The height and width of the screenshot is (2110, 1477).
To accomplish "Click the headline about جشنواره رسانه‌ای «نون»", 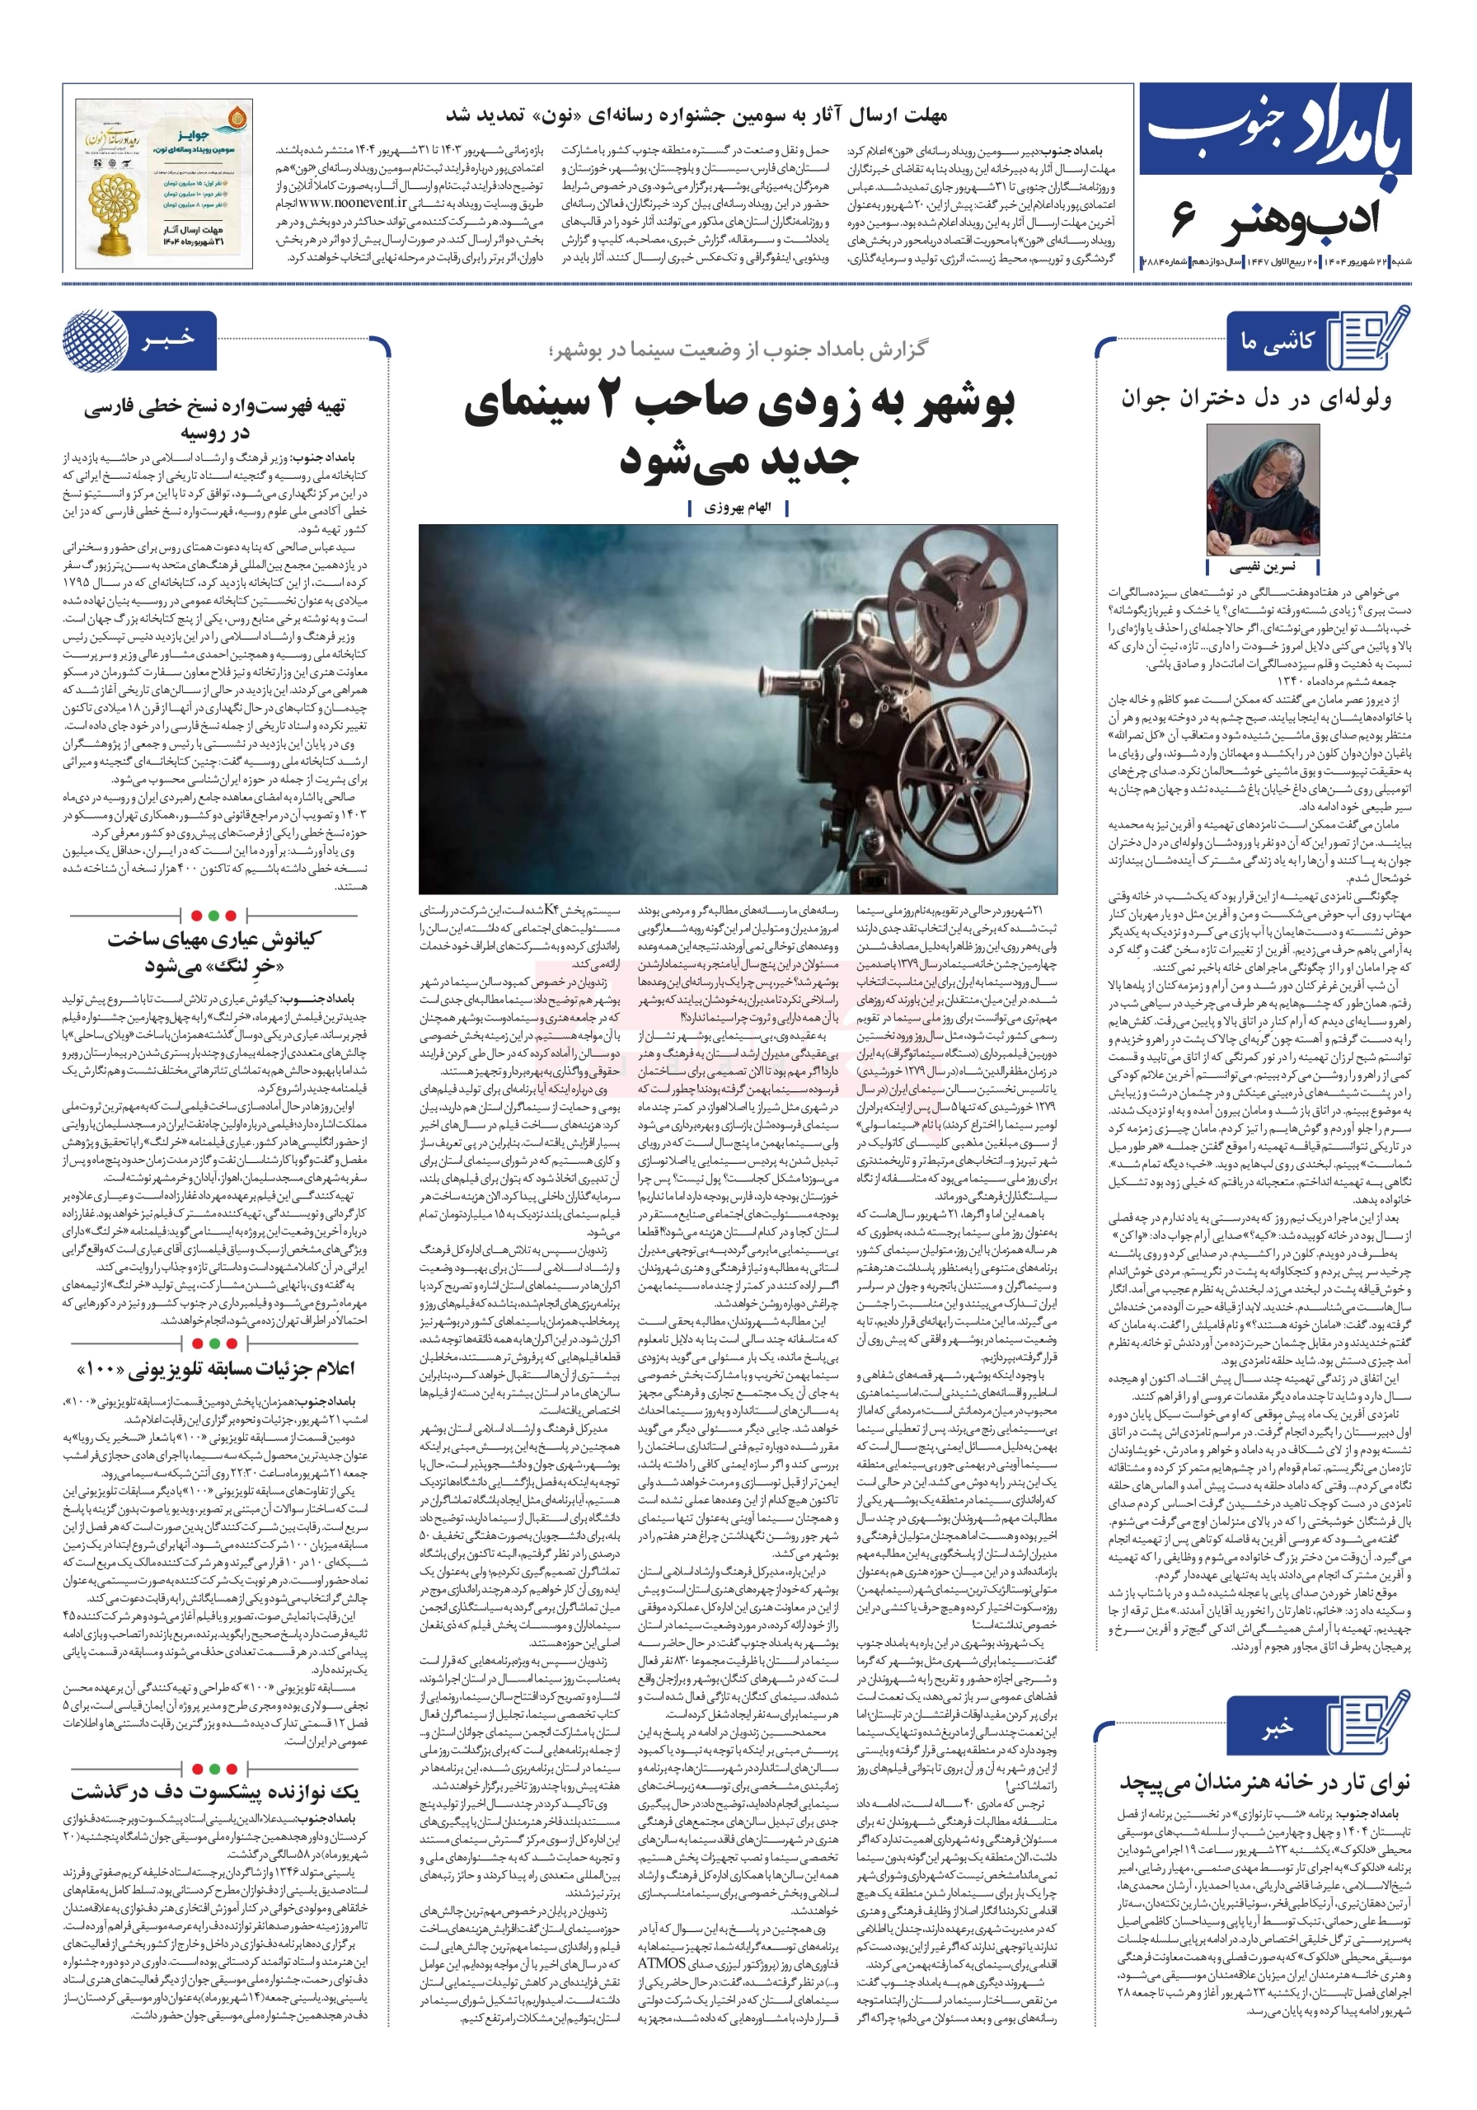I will pyautogui.click(x=696, y=115).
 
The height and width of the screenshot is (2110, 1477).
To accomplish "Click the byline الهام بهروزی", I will pyautogui.click(x=738, y=507).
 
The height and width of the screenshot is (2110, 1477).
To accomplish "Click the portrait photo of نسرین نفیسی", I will pyautogui.click(x=1261, y=490).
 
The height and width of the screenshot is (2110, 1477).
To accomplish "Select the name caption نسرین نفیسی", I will pyautogui.click(x=1261, y=567).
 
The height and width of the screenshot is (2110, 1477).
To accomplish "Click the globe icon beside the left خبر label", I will pyautogui.click(x=92, y=340).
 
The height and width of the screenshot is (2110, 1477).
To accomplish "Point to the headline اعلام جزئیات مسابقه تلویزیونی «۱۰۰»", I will pyautogui.click(x=215, y=1370).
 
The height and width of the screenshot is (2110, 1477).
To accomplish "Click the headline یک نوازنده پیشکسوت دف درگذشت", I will pyautogui.click(x=215, y=1793).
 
